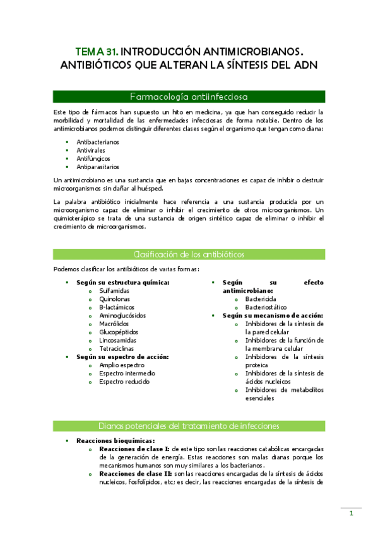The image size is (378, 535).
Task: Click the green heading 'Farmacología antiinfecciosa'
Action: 189,97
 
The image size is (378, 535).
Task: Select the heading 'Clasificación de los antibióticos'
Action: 189,254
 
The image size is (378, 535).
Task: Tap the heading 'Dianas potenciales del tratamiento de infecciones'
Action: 189,425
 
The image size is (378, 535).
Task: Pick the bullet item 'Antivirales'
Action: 92,150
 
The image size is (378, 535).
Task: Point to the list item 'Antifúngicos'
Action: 93,158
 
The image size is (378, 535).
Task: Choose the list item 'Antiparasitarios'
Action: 97,167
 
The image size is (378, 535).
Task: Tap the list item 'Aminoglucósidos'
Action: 122,315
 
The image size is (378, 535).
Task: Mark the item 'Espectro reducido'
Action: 124,381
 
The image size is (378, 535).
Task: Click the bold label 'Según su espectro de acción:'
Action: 114,356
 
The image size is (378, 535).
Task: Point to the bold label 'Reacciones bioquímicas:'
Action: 115,440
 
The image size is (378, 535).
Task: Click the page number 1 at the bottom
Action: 351,514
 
